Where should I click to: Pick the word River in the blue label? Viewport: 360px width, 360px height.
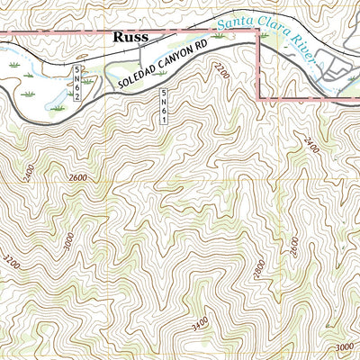(x=303, y=50)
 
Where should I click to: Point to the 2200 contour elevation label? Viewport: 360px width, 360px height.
(x=222, y=71)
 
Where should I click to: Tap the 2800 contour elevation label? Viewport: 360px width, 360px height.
(x=259, y=266)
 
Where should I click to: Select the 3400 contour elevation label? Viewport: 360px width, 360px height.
(x=201, y=319)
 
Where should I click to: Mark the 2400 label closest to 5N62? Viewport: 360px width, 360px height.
(x=27, y=170)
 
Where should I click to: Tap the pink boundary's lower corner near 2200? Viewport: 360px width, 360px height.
(x=260, y=98)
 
